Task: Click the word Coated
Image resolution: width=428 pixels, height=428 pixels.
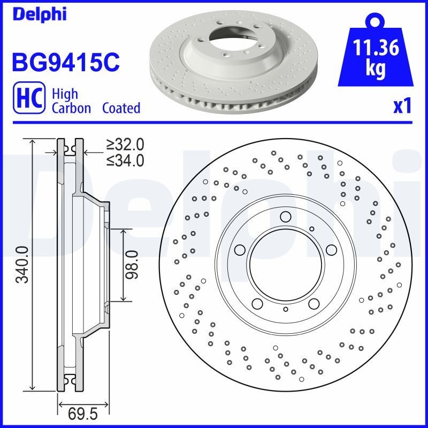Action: click(x=121, y=108)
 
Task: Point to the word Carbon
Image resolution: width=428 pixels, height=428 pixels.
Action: click(x=72, y=108)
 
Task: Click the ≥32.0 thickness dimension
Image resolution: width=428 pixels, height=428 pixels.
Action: click(x=125, y=144)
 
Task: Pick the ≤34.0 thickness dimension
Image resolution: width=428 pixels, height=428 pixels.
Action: click(x=125, y=159)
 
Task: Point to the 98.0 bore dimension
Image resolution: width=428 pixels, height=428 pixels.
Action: click(x=132, y=264)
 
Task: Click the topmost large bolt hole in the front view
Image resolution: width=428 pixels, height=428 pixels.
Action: click(x=285, y=217)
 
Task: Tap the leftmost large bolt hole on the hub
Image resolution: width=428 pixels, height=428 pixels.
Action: click(x=239, y=250)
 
